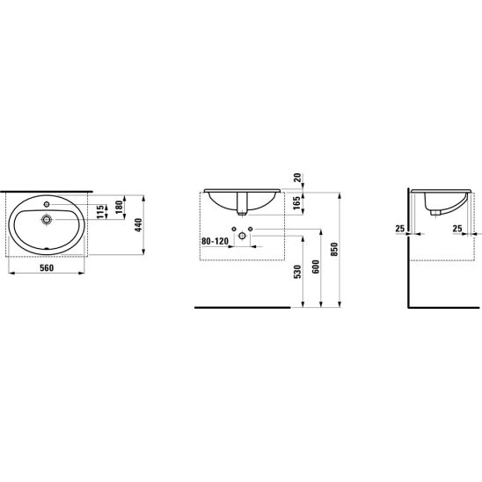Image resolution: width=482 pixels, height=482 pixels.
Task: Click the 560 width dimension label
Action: (x=47, y=268)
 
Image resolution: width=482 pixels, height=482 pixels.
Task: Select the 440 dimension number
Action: (x=138, y=224)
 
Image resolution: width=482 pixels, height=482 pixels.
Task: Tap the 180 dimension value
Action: (x=120, y=207)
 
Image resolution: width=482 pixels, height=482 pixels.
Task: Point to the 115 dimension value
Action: (x=100, y=212)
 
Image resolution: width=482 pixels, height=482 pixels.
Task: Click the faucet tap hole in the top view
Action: (x=47, y=204)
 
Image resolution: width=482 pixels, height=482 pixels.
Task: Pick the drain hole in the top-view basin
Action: (x=47, y=220)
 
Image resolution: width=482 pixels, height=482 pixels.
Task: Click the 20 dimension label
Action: (x=297, y=178)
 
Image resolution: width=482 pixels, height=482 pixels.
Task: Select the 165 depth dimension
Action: (x=296, y=203)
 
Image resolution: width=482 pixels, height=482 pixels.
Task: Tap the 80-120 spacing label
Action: (x=215, y=241)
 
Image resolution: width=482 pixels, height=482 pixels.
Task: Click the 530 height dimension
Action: (x=297, y=272)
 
